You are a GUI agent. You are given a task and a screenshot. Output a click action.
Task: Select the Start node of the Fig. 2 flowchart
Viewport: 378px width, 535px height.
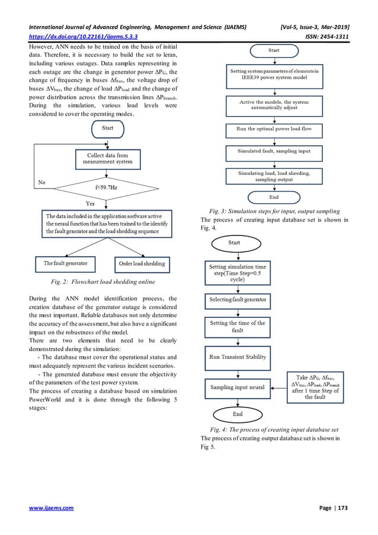(107, 128)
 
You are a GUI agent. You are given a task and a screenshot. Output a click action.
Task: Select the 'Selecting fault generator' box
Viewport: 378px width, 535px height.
(237, 301)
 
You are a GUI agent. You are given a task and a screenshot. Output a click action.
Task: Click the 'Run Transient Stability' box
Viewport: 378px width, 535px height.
(237, 358)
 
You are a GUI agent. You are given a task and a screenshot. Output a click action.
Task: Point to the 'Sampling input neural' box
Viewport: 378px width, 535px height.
(237, 387)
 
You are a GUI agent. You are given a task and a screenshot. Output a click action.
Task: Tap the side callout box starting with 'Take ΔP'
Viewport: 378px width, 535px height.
(315, 386)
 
